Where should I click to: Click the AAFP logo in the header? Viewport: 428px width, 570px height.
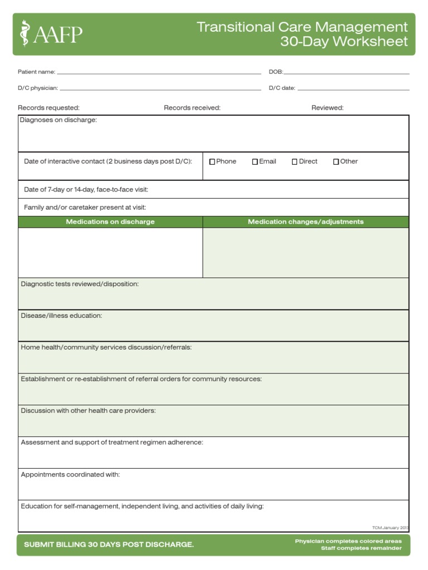[51, 34]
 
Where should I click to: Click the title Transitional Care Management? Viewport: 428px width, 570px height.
[302, 27]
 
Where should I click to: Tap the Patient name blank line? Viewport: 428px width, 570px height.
[159, 73]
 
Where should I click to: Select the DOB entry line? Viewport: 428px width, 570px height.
[346, 73]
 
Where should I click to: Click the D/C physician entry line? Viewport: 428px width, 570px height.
[160, 89]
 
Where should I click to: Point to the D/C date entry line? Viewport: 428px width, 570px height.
[353, 89]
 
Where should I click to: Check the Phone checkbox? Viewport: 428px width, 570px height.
[212, 162]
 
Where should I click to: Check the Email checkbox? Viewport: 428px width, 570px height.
[255, 162]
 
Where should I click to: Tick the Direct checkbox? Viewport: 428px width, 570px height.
[295, 162]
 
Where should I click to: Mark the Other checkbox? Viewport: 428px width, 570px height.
[336, 162]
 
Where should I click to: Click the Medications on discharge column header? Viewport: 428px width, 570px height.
[110, 222]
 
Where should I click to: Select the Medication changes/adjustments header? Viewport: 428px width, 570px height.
[305, 222]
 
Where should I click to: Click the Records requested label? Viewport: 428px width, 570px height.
[48, 108]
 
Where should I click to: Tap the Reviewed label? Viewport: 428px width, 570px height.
[327, 108]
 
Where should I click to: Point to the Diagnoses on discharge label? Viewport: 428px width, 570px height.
[59, 120]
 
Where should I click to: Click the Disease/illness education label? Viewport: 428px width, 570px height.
[61, 316]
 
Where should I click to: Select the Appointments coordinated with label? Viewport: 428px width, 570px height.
[70, 475]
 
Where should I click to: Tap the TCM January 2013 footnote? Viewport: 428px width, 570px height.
[390, 528]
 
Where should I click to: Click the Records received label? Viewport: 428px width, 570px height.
[192, 108]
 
